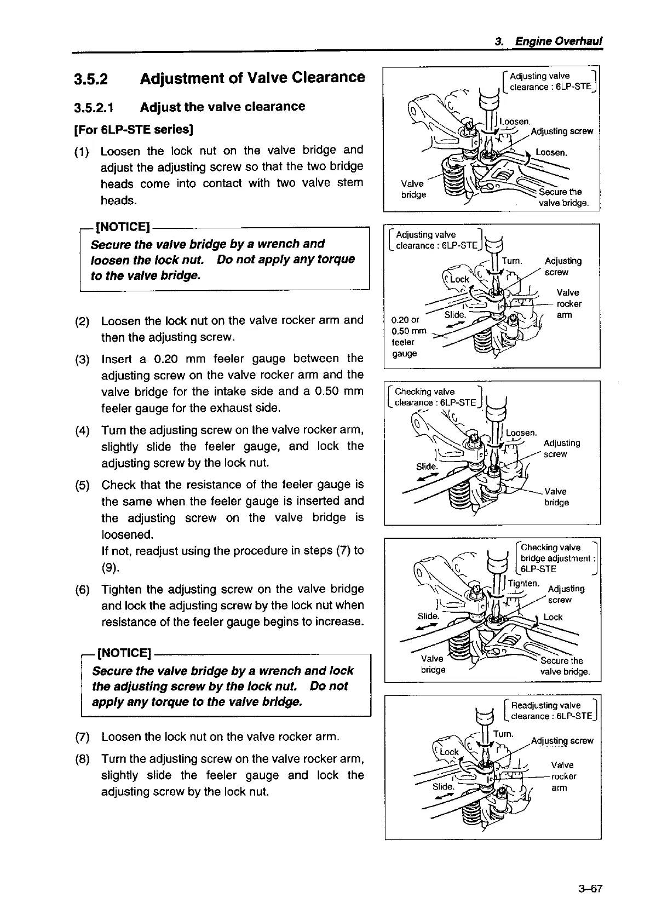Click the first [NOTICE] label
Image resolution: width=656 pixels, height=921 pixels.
point(123,227)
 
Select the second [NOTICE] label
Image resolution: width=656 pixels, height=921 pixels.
point(124,653)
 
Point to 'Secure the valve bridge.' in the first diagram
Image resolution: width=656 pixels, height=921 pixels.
point(563,198)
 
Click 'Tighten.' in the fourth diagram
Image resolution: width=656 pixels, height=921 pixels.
point(524,583)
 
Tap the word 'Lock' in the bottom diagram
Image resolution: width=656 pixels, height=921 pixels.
point(449,752)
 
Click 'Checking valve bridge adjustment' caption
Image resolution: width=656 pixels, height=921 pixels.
point(557,558)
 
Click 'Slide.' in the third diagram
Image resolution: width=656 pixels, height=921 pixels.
point(427,467)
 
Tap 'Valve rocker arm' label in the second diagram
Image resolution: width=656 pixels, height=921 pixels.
point(568,304)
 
